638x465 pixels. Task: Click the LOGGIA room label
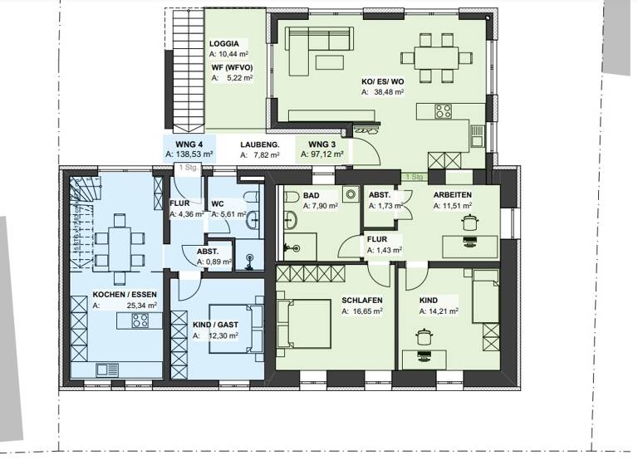click(224, 42)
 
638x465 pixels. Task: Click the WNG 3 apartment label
click(311, 144)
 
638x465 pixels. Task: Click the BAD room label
click(312, 194)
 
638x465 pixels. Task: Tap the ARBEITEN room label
click(454, 194)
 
